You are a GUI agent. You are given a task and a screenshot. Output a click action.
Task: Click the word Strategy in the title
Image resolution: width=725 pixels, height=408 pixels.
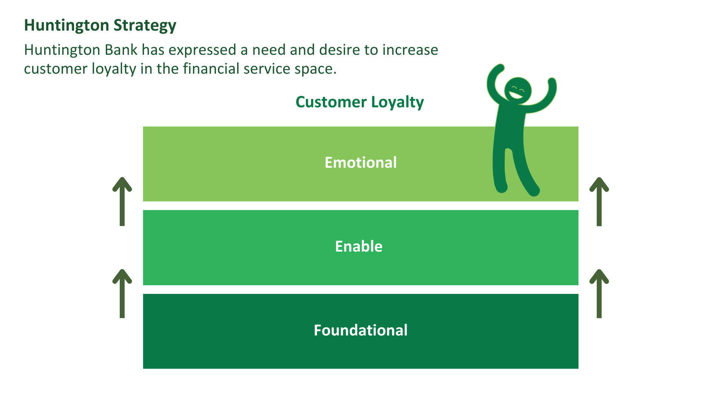point(145,26)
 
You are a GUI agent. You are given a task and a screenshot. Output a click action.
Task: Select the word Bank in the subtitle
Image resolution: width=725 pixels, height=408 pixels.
point(121,50)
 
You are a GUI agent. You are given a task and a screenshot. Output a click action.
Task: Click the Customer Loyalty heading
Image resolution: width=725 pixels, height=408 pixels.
point(359,102)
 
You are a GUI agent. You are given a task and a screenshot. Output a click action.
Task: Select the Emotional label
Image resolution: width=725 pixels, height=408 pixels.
point(361,163)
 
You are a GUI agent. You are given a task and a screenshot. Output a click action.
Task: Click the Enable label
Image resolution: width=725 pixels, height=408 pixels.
point(359,247)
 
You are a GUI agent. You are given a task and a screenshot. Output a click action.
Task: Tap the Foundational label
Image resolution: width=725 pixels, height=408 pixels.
point(361,331)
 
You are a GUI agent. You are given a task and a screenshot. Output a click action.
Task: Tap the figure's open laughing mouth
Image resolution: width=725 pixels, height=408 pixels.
point(515,95)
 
